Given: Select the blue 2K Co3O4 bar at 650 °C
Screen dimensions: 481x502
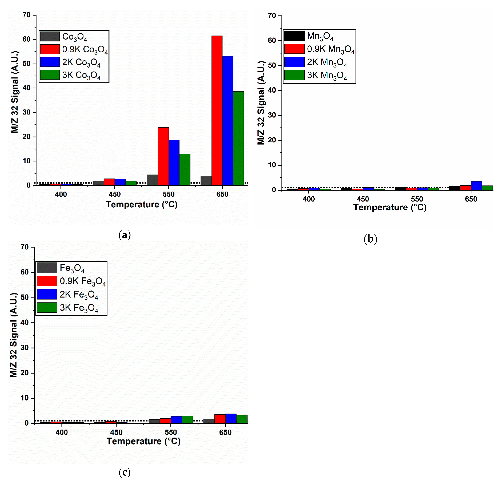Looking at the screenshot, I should (x=228, y=120).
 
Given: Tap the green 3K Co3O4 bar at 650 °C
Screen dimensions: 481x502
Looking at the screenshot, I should (x=238, y=138).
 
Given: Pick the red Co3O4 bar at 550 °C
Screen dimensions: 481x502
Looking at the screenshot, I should (x=163, y=156).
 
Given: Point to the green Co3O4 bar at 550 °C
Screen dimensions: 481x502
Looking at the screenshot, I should (x=185, y=169).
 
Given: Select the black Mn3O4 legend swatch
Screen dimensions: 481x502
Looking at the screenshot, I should (x=294, y=36).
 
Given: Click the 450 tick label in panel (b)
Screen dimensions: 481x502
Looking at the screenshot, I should (x=363, y=199).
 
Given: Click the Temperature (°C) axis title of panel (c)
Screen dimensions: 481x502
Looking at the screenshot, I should (x=143, y=441).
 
